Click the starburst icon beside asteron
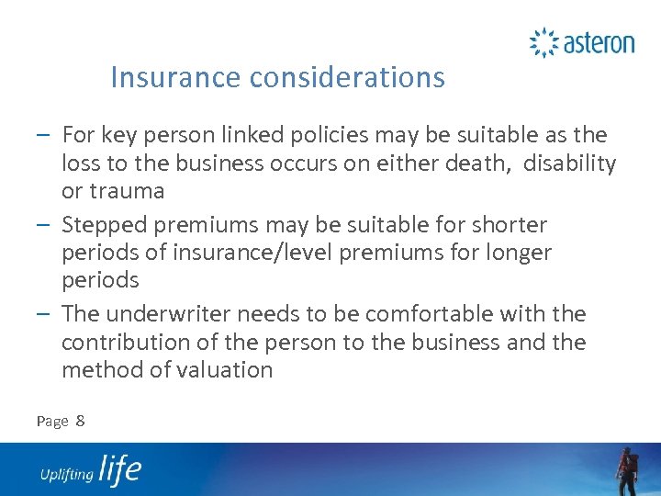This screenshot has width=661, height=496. coord(543,42)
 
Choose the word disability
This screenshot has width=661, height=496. coord(566,163)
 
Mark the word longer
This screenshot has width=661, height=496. coord(514,253)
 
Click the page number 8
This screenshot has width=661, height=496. coord(81,421)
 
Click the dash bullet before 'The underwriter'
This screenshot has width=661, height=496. coord(46,314)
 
